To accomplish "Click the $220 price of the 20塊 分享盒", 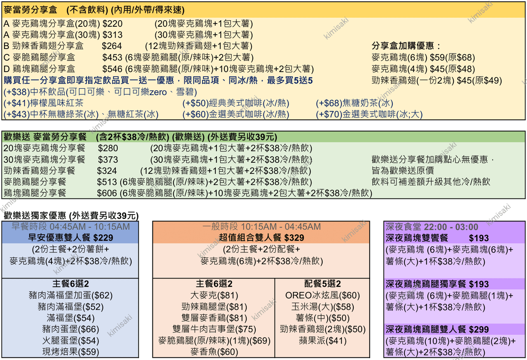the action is [112, 24].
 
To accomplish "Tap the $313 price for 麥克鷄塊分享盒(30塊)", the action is [112, 35].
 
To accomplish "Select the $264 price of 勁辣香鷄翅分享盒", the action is [112, 46].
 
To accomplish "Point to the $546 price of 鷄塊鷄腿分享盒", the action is [112, 69].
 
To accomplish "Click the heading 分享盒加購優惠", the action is [403, 46].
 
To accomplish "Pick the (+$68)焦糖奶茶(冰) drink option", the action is [354, 103].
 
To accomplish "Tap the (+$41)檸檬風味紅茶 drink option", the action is [44, 103].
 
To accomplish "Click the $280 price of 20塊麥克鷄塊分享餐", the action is [108, 148].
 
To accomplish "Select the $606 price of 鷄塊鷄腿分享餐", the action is [107, 194].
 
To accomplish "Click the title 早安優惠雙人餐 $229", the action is [70, 238].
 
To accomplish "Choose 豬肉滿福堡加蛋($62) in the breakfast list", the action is [70, 295].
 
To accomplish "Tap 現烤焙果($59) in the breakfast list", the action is [70, 352].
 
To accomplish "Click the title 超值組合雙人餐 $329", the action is [261, 238].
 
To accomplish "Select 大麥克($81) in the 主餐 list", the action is [214, 295].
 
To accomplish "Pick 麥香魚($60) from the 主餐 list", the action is [214, 352].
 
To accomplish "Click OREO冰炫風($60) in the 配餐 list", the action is [322, 295].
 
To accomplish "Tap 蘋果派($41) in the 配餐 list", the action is [322, 341].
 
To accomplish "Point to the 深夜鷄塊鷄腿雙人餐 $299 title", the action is [437, 330].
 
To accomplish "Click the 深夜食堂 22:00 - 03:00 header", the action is [432, 227].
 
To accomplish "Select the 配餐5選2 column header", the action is [322, 284].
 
